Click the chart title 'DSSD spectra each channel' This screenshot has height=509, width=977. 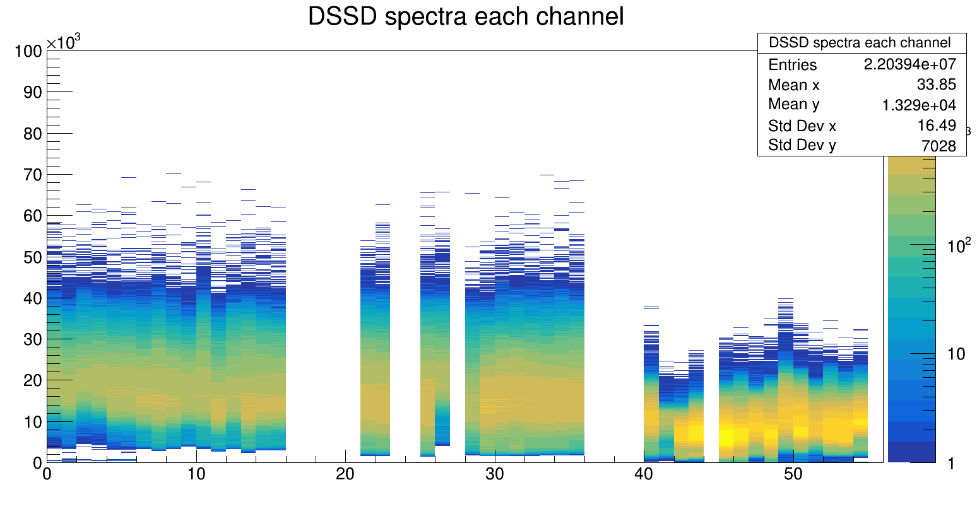coord(465,17)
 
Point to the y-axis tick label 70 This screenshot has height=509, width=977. coord(32,175)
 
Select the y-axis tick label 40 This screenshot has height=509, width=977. coord(32,298)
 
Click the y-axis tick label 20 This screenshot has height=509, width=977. coord(32,380)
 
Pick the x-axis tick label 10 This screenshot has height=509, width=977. coord(196,474)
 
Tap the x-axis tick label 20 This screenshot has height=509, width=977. coord(345,474)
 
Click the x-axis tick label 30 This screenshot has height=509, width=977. coord(495,474)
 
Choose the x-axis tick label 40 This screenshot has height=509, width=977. coord(644,474)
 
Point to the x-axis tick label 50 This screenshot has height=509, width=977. coord(793,474)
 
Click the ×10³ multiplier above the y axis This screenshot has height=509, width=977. coord(64,42)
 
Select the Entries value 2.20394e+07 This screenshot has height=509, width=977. coord(909,64)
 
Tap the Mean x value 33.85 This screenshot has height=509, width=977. coord(937,85)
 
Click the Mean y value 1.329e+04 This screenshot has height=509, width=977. coord(919,105)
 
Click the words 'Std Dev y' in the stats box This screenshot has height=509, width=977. coord(802,146)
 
